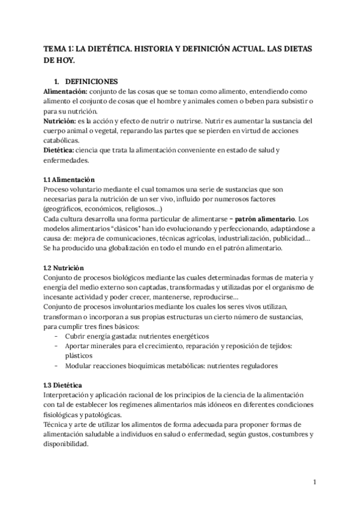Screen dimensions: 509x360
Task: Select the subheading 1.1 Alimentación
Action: tap(69, 179)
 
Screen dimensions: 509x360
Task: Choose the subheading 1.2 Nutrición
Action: tap(64, 267)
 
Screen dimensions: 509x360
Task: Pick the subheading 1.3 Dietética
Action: tap(63, 384)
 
